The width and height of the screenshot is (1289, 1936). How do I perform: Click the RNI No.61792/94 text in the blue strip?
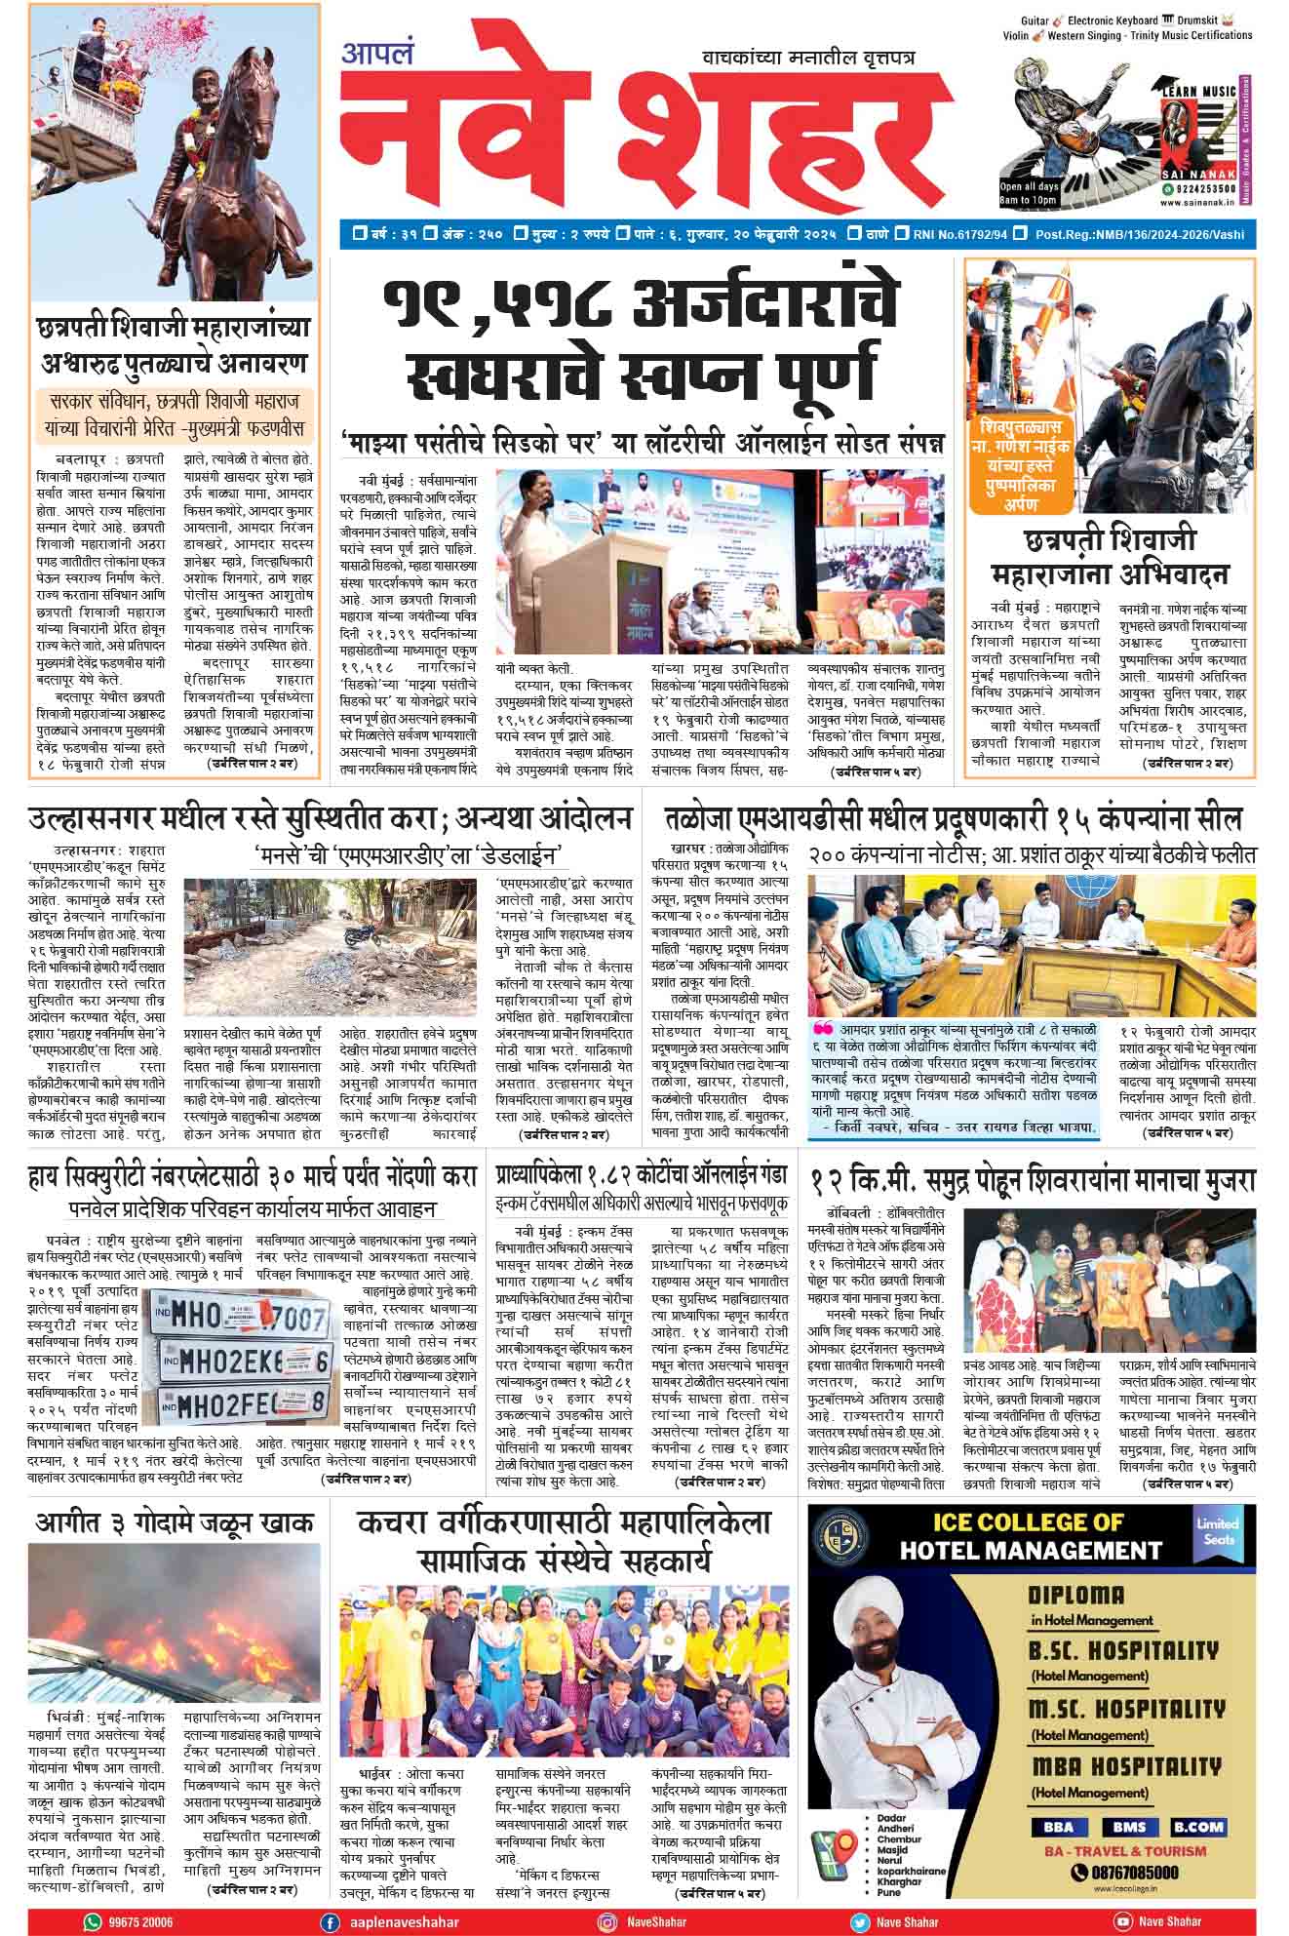pos(960,234)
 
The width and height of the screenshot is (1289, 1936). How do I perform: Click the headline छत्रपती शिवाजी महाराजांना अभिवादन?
pos(1110,556)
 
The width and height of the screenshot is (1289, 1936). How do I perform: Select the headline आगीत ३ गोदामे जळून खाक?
pos(175,1522)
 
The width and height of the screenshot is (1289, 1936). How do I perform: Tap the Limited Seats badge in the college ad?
pos(1218,1531)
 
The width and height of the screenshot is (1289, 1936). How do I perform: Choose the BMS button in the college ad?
pos(1123,1827)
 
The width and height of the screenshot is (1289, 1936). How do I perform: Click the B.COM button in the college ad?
pos(1198,1827)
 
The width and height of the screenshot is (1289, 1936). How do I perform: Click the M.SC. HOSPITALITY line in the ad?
pos(1125,1709)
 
